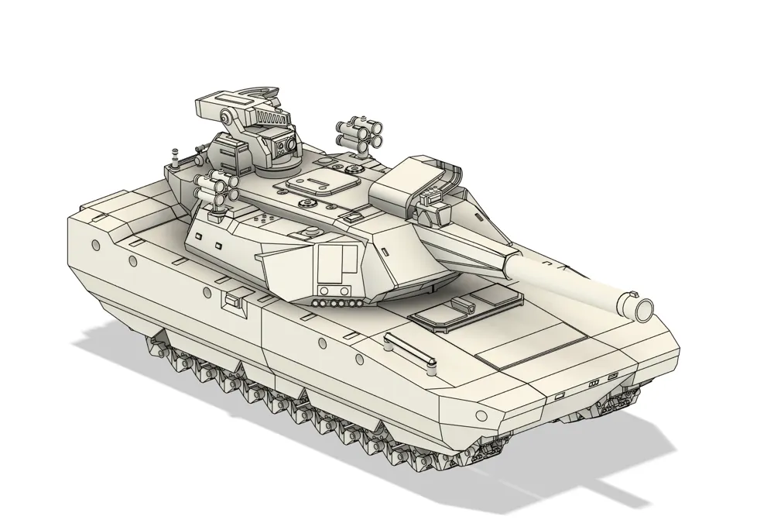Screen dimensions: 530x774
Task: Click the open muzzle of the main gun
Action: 642,307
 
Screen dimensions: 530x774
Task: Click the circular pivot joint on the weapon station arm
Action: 228,119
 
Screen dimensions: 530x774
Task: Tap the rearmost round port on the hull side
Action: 95,244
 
